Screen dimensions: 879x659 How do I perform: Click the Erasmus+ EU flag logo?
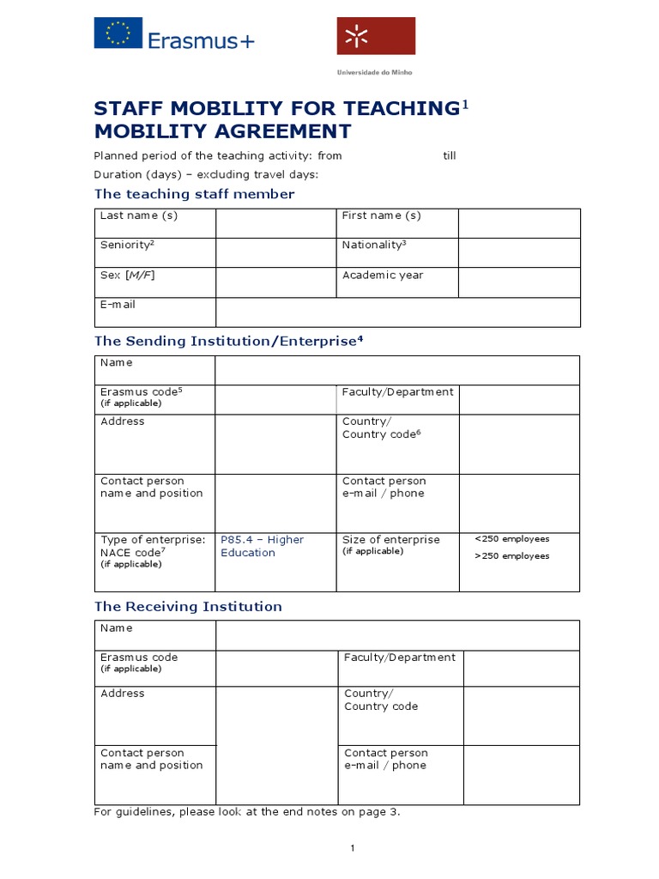pyautogui.click(x=118, y=35)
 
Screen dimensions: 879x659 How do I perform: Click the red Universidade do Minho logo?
pyautogui.click(x=375, y=36)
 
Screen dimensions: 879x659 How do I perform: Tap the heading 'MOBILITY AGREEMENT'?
pyautogui.click(x=222, y=131)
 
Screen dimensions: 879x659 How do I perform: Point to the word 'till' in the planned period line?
pyautogui.click(x=450, y=155)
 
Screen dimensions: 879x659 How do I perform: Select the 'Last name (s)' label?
pyautogui.click(x=139, y=215)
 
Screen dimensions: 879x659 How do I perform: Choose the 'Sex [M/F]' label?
pyautogui.click(x=128, y=275)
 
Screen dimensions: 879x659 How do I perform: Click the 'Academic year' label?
pyautogui.click(x=383, y=275)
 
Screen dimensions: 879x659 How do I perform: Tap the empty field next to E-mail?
pyautogui.click(x=397, y=312)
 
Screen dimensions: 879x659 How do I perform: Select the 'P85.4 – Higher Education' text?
pyautogui.click(x=262, y=546)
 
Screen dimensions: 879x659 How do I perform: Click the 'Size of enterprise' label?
pyautogui.click(x=390, y=540)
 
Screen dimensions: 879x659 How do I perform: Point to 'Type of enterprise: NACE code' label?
pyautogui.click(x=153, y=546)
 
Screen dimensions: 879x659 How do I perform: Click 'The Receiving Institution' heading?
pyautogui.click(x=188, y=606)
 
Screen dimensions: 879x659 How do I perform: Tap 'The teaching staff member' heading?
pyautogui.click(x=194, y=194)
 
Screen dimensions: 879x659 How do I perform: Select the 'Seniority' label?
pyautogui.click(x=127, y=245)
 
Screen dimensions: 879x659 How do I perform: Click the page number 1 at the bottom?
pyautogui.click(x=352, y=848)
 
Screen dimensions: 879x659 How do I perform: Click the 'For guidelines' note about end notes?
pyautogui.click(x=247, y=811)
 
